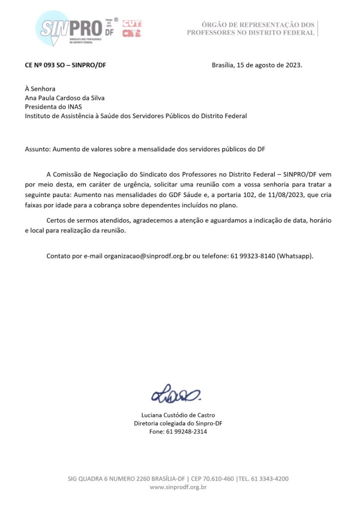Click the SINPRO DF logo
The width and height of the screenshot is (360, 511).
tap(75, 29)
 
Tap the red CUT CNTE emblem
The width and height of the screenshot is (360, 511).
tap(131, 29)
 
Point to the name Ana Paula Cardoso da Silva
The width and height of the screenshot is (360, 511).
tap(64, 98)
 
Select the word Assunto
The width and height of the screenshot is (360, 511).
tap(37, 149)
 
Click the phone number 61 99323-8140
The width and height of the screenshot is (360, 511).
tap(252, 256)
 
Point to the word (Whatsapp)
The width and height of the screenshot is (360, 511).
tap(295, 256)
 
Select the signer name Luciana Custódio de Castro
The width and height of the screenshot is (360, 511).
tap(178, 415)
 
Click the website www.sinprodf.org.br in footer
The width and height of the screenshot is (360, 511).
tap(178, 487)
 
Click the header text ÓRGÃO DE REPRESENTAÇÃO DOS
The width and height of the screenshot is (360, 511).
tap(258, 24)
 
